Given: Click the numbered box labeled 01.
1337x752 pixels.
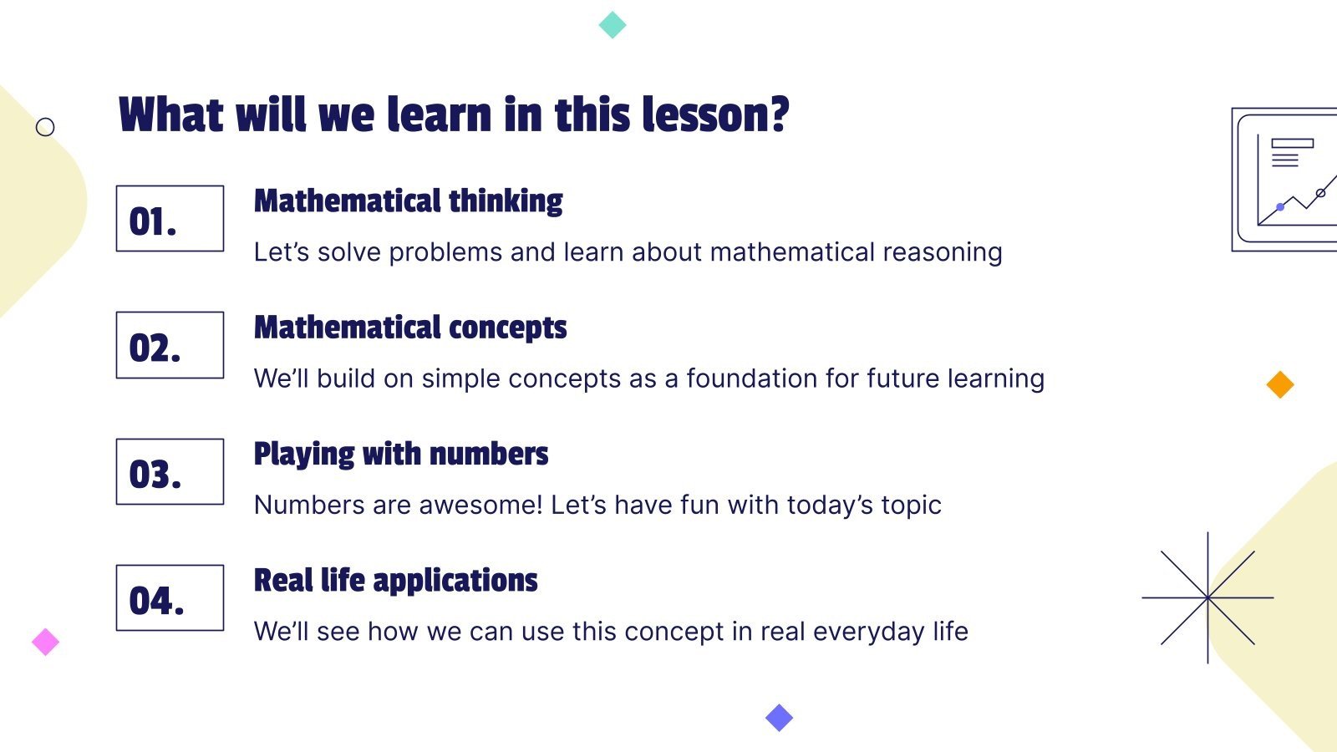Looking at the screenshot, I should click(170, 219).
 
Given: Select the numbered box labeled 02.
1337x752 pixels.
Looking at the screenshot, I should click(170, 345).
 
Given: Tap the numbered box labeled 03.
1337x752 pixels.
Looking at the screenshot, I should click(170, 471).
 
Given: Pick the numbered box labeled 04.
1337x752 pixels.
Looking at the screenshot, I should click(170, 597).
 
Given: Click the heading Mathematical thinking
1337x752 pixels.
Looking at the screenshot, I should click(408, 201).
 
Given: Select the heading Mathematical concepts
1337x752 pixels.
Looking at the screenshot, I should click(410, 328).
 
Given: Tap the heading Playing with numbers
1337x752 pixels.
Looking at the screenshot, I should click(401, 454).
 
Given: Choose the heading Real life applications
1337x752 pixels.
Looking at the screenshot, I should click(395, 580).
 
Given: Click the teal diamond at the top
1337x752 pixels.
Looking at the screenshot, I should click(613, 24).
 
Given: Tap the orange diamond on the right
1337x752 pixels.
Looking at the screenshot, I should click(1280, 384).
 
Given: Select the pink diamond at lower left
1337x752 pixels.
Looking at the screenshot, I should click(45, 642).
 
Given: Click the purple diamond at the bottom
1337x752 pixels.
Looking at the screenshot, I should click(779, 717).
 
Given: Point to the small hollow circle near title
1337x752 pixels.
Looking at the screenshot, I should click(45, 127).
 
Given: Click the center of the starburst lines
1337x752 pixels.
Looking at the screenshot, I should click(1207, 597).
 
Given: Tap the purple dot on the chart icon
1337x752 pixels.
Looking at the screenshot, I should click(1280, 206).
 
